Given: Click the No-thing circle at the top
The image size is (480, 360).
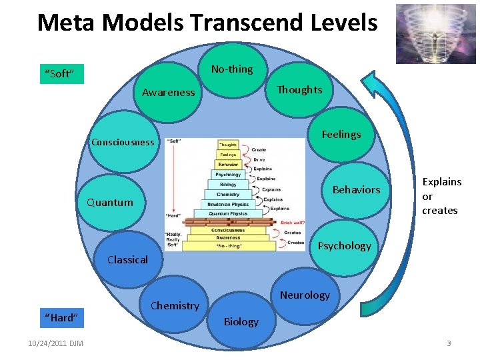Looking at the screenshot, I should tap(232, 69).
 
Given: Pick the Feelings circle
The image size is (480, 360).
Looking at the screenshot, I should tap(341, 134).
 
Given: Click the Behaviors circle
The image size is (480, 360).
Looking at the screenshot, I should tap(356, 189).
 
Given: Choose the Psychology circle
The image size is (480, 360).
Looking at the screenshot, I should tap(344, 245).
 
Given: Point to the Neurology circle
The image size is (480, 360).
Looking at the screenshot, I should tap(305, 295).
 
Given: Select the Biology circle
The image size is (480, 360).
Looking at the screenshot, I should tap(241, 321).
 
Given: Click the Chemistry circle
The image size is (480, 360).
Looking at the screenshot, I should tap(175, 305).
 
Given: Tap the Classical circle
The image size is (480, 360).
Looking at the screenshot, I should tap(127, 259).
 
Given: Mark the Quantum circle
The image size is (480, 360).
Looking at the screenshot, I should tap(110, 202).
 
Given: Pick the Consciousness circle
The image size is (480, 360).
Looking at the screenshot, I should tap(123, 142).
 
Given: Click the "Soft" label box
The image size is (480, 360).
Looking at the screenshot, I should tap(60, 73).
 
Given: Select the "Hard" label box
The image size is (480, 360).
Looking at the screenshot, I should tap(61, 317).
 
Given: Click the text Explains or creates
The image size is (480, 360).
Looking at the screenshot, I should tap(441, 196).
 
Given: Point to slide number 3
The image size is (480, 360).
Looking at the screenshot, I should tap(449, 343).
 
